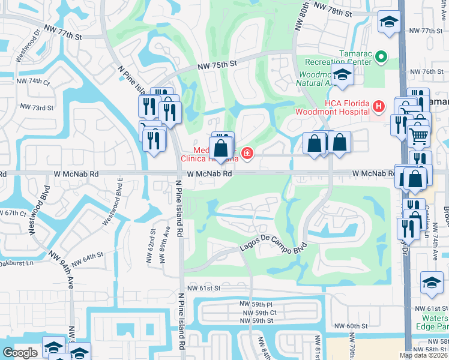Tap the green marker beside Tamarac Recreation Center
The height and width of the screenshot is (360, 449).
[x=381, y=58]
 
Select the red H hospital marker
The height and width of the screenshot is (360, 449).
[x=378, y=107]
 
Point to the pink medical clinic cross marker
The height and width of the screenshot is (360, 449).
[x=246, y=154]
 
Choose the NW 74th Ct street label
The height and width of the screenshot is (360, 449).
[x=33, y=81]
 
